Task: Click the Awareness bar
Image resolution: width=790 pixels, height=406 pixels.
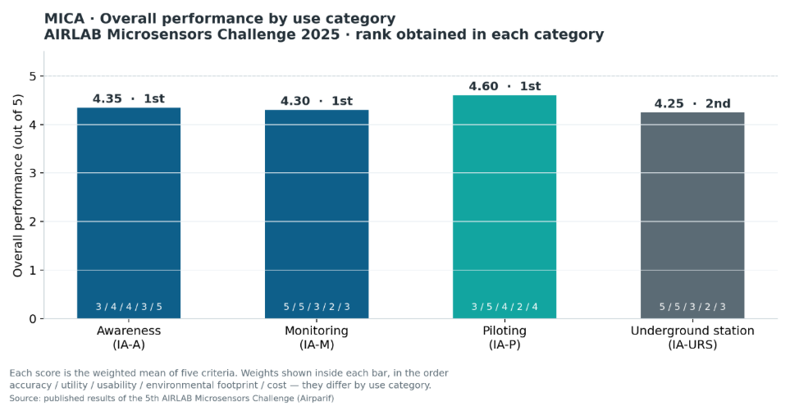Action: (129, 213)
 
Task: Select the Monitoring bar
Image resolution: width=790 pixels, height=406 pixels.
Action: (317, 214)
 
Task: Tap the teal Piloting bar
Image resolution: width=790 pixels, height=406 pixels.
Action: (505, 207)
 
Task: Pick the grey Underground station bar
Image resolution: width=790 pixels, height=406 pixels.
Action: (692, 216)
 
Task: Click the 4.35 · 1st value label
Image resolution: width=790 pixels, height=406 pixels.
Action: (129, 98)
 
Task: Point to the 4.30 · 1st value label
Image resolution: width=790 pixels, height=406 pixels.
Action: (317, 101)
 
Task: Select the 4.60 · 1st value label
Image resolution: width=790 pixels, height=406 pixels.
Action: (505, 86)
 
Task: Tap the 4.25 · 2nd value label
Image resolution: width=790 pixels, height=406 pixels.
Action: (692, 103)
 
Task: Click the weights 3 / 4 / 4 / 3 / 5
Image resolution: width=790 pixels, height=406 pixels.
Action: (129, 307)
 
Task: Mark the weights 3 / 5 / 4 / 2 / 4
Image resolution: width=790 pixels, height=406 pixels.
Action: (505, 307)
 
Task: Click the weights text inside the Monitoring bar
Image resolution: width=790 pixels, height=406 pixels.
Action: (317, 307)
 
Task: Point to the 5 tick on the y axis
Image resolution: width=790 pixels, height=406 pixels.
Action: (34, 76)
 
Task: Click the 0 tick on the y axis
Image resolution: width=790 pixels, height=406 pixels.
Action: (34, 319)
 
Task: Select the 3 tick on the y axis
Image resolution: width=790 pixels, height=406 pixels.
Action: (34, 173)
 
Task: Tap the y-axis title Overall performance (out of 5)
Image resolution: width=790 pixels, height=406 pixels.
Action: (18, 186)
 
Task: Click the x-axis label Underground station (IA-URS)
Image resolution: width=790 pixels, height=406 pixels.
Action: (692, 337)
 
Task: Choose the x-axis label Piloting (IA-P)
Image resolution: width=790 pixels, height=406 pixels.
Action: (505, 337)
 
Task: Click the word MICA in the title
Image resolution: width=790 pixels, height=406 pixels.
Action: (65, 19)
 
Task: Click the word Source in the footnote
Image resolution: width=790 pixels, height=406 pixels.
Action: (25, 399)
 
